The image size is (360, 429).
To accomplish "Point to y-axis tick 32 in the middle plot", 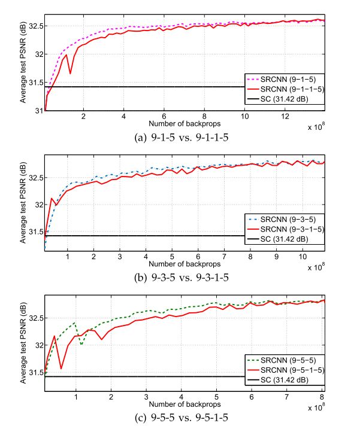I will coord(36,205).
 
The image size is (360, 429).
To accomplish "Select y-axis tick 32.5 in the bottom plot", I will coord(34,318).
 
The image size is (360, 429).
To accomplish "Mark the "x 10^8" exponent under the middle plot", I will coord(316,265).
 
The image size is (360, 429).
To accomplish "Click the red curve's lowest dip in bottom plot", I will coord(61,369).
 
